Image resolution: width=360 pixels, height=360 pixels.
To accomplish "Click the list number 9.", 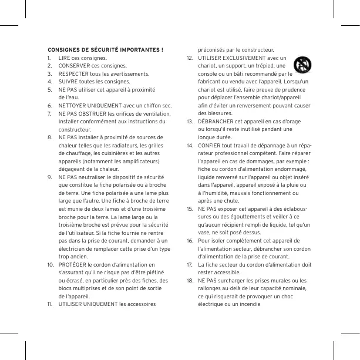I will click(x=49, y=177).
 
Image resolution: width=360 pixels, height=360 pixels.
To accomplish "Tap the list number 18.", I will click(x=190, y=281).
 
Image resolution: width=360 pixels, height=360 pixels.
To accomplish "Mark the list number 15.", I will click(x=190, y=225).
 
